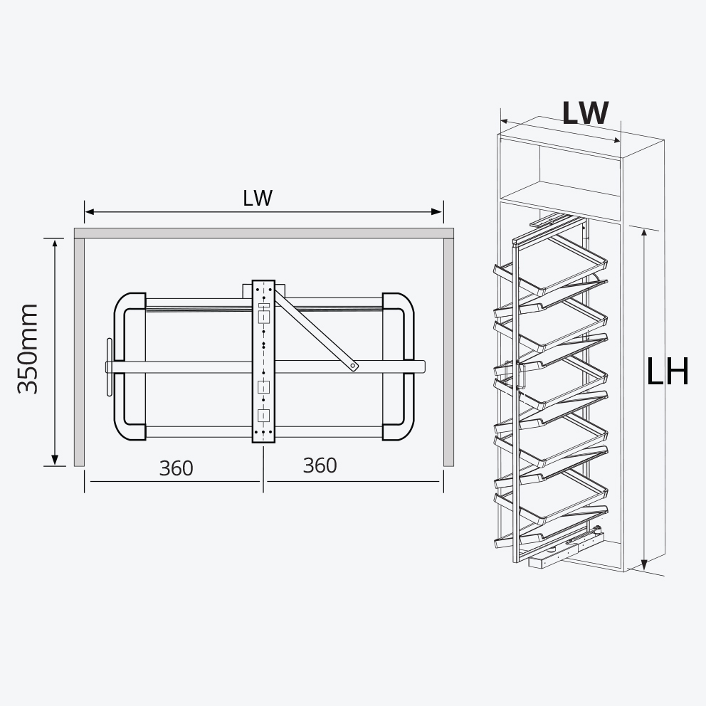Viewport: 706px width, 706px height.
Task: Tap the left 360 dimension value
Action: pos(176,468)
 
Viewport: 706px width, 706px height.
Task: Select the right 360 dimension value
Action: pos(320,465)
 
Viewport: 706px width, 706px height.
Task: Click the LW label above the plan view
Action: pos(258,199)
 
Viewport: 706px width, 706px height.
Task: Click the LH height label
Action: pos(667,372)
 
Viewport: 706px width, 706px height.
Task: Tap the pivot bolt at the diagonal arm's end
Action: pos(354,367)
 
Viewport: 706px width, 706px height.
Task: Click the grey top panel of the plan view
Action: pos(263,233)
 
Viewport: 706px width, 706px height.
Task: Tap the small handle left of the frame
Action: pos(110,367)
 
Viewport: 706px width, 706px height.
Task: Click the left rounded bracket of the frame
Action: pos(128,367)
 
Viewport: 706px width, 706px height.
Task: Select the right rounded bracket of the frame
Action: pos(399,367)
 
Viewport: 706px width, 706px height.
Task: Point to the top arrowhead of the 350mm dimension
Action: pos(55,243)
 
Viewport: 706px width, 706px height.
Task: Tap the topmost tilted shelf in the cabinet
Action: pos(562,265)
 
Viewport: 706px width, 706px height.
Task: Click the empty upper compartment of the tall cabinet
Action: pos(578,171)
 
